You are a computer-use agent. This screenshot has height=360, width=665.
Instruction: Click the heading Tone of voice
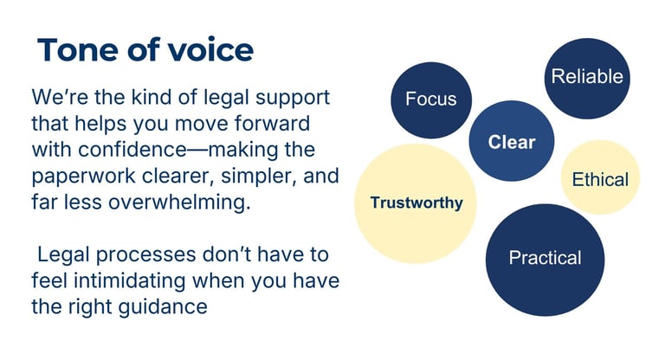[145, 49]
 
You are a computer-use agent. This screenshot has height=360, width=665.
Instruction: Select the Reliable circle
[586, 77]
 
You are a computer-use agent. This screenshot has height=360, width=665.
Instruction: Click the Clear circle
[511, 142]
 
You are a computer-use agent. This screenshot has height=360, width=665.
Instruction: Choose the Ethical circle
[600, 179]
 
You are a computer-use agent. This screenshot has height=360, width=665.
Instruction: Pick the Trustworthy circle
[416, 203]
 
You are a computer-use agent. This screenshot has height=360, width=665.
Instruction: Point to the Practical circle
[545, 258]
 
